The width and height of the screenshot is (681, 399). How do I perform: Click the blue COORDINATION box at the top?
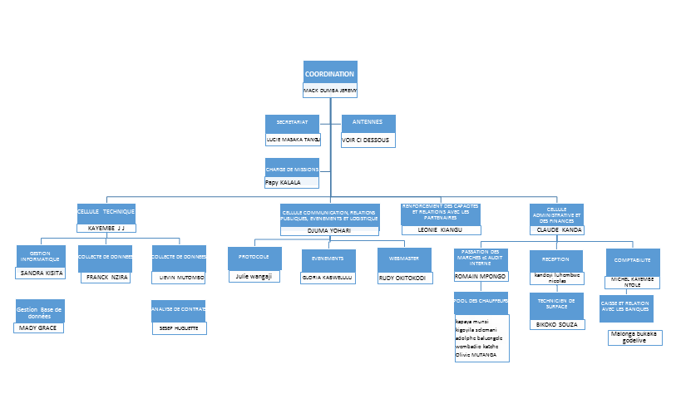(330, 73)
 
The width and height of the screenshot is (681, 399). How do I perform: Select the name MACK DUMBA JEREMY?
(330, 91)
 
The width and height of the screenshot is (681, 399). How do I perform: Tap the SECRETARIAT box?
(292, 123)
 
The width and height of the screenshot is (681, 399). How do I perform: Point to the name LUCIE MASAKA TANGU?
(293, 140)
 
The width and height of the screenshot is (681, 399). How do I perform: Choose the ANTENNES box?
(368, 123)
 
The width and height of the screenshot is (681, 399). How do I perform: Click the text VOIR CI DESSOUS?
(368, 140)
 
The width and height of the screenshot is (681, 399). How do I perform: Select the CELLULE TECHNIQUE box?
(106, 213)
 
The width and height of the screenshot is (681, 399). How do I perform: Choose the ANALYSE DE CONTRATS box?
(178, 310)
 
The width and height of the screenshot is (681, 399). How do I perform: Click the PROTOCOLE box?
(254, 258)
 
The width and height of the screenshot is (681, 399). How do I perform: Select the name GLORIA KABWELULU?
(328, 278)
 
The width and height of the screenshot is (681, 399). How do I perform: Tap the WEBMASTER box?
(404, 259)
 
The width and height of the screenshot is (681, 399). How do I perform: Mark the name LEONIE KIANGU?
(439, 229)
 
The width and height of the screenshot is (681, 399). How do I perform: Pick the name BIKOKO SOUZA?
(556, 323)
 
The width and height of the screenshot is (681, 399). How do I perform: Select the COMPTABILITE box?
(632, 260)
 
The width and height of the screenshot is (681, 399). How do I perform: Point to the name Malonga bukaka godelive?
(634, 337)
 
